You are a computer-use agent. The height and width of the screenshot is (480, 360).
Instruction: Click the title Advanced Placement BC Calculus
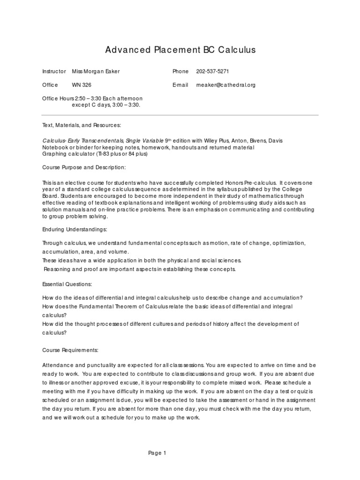180,50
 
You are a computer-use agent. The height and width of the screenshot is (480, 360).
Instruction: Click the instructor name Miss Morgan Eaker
96,71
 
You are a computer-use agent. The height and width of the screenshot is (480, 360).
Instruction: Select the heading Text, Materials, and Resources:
82,126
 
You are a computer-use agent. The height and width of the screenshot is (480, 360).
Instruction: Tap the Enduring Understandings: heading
75,229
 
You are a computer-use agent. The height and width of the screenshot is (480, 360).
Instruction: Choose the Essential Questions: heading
67,284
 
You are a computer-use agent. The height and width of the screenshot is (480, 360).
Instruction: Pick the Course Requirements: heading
70,350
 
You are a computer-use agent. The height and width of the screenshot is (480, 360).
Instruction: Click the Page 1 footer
157,453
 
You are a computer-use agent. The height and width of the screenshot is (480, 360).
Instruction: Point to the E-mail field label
180,85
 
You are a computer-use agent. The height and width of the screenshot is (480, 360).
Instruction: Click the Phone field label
180,71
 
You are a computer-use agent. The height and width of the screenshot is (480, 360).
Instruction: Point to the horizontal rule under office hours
180,115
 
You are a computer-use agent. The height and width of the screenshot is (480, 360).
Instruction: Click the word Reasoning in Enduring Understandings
58,269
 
